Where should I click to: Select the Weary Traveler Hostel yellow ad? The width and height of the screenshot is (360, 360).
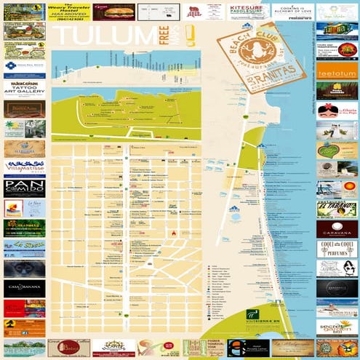click(69, 12)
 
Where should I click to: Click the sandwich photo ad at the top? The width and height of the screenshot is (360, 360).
click(113, 12)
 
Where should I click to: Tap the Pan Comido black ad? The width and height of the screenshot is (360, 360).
click(24, 188)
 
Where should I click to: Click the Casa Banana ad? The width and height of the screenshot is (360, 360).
click(24, 289)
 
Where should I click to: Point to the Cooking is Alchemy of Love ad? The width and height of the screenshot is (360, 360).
click(293, 11)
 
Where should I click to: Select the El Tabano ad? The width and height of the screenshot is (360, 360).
click(337, 210)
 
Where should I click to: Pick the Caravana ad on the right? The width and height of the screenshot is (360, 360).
click(337, 230)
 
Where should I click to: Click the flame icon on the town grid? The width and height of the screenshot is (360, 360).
click(174, 233)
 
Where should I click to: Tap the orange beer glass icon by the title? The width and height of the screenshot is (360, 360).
click(190, 36)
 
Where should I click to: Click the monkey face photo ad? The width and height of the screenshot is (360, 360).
click(24, 268)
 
